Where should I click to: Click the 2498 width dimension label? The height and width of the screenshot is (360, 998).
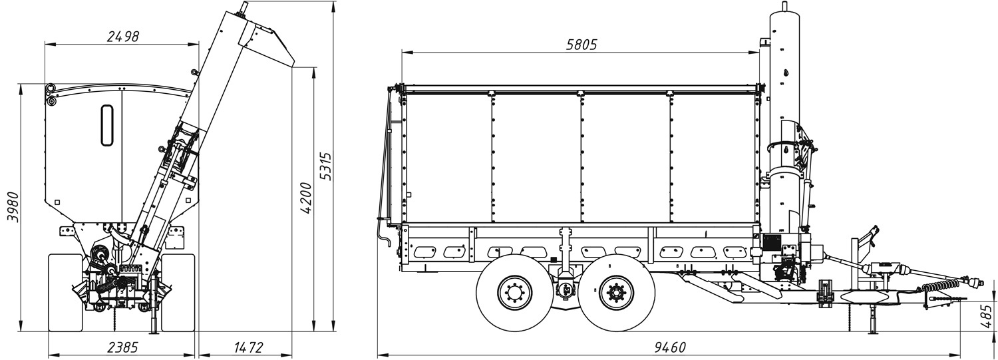tap(123, 36)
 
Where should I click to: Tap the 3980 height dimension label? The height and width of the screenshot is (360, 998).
tap(13, 207)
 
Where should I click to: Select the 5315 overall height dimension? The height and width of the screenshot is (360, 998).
tap(327, 166)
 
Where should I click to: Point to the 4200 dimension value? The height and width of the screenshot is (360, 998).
tap(305, 198)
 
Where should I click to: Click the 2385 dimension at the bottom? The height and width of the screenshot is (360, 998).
tap(122, 347)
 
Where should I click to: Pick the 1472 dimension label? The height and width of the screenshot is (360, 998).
tap(248, 347)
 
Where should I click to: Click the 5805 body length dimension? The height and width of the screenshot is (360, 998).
tap(582, 45)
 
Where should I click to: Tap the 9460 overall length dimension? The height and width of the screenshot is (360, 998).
tap(670, 347)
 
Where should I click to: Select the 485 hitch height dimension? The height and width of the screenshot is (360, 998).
tap(987, 315)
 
